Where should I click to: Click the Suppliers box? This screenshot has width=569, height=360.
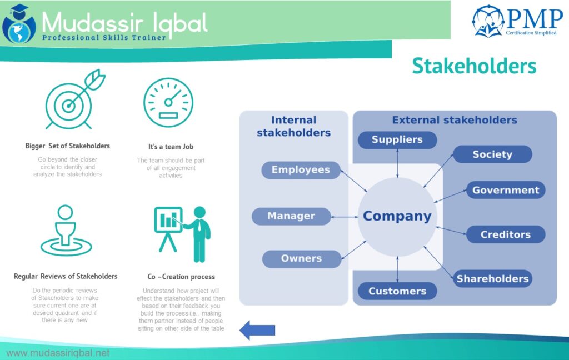tap(397, 139)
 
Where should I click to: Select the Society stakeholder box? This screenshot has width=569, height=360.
tap(492, 154)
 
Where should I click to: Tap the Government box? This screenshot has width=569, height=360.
tap(505, 190)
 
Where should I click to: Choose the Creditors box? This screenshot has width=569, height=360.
tap(505, 234)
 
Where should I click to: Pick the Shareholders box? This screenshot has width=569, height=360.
tap(492, 279)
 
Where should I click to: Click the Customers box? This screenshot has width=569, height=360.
tap(397, 291)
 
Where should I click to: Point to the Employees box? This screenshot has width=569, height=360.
tap(301, 170)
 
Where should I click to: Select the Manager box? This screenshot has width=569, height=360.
tap(291, 216)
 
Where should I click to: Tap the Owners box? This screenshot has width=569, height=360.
tap(301, 258)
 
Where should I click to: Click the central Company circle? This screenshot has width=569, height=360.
tap(397, 216)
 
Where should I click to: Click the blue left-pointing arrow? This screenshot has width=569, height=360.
tap(257, 330)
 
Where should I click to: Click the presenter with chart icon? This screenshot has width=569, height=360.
tap(182, 232)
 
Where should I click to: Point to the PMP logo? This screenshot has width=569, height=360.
tap(516, 22)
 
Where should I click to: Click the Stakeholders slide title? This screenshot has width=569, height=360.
tap(474, 66)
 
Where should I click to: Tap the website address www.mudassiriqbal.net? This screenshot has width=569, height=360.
tap(58, 353)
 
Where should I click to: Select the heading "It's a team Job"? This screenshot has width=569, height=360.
tap(171, 147)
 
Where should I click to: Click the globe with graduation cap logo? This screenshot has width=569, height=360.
tap(19, 23)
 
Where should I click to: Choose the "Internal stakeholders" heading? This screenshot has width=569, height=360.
tap(293, 126)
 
